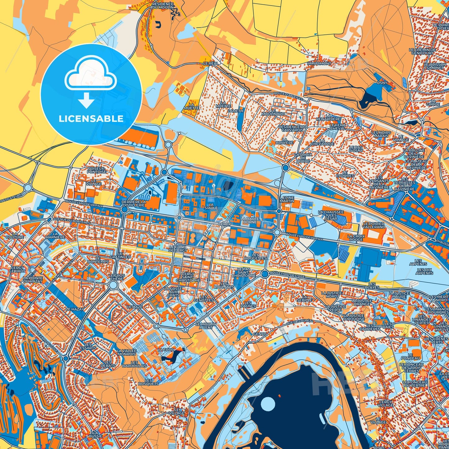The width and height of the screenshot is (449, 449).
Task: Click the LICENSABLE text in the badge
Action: tap(91, 119)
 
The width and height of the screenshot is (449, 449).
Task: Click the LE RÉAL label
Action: tap(211, 63)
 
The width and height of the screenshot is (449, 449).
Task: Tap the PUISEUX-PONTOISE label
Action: tap(97, 170)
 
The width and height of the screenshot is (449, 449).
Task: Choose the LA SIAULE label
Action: tap(211, 206)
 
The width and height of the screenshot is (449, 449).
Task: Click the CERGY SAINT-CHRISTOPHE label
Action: tap(188, 277)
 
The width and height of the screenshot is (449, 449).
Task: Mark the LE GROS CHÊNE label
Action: tap(117, 277)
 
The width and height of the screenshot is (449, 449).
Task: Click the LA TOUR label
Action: tap(166, 350)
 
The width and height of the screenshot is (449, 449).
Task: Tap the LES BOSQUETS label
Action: tap(149, 382)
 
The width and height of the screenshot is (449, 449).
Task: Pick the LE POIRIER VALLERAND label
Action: tap(374, 225)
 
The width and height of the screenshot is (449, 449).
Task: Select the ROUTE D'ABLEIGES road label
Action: tap(288, 96)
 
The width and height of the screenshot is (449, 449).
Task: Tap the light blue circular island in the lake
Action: tap(268, 404)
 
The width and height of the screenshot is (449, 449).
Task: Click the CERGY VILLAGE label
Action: tap(386, 404)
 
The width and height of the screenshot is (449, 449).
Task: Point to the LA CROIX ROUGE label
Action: tap(356, 238)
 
